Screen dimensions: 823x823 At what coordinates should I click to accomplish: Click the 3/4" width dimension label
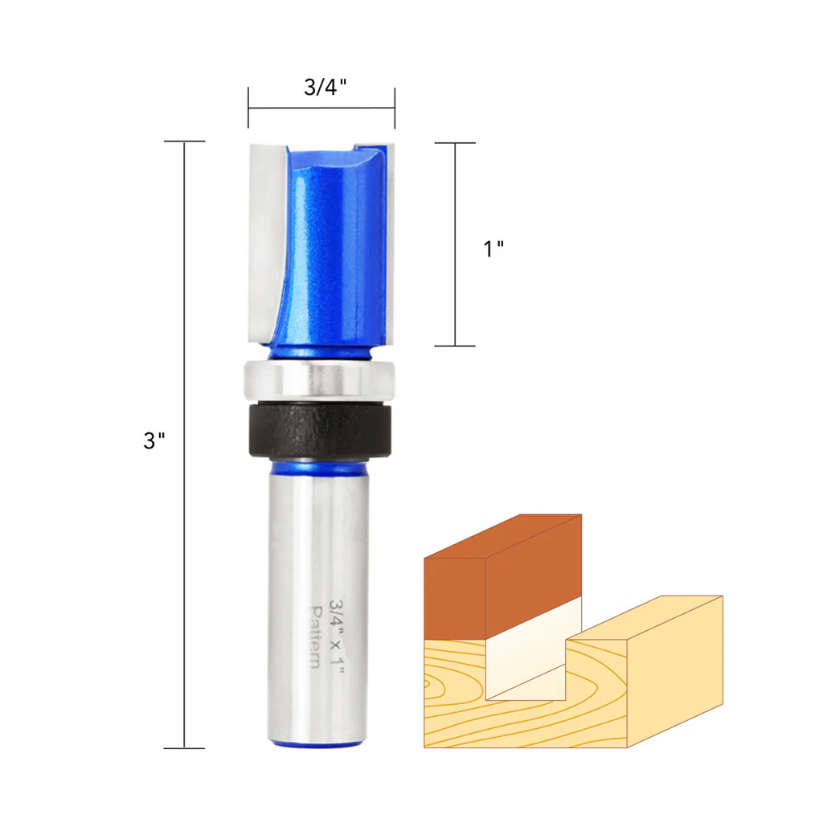325,87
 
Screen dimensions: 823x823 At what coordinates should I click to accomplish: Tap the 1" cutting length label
493,249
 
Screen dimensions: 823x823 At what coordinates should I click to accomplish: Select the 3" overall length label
154,440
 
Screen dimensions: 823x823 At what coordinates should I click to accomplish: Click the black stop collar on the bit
320,430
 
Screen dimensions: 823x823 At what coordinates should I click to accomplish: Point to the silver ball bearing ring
319,380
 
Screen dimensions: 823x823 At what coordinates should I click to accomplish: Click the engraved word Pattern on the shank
315,637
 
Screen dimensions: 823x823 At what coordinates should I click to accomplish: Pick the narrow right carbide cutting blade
390,244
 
